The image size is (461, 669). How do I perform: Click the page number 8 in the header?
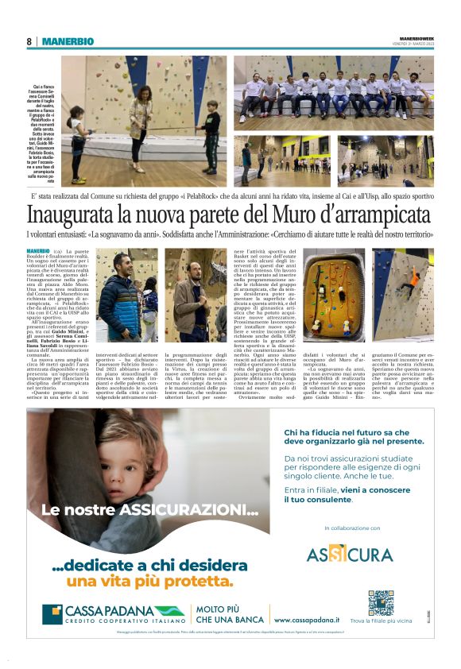point(29,41)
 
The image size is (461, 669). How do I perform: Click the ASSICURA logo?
point(350,554)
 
